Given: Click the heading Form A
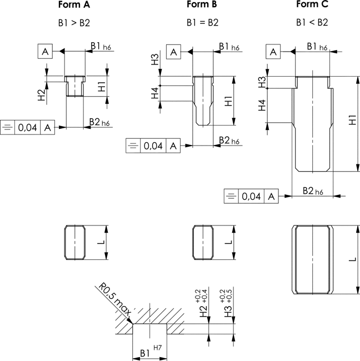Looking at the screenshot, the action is (74, 4).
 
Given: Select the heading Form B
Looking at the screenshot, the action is (202, 4).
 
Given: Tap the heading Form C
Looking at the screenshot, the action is (312, 4).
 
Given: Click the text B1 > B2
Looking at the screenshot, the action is (74, 23).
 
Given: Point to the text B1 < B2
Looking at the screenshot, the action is (312, 23).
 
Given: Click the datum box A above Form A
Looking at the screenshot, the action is (45, 51).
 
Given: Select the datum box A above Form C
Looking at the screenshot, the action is (273, 52).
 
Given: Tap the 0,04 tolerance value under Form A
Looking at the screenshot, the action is (27, 127).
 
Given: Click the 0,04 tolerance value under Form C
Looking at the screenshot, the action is (251, 197).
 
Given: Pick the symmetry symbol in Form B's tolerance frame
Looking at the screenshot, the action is (133, 146).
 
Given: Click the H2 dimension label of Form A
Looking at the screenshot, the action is (42, 95).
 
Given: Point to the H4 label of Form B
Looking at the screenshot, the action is (155, 93).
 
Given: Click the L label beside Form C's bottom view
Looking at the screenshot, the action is (353, 259).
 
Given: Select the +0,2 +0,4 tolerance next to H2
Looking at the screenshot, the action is (201, 297).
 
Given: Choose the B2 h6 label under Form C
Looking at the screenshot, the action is (313, 191).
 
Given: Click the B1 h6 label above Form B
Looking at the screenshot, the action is (229, 47).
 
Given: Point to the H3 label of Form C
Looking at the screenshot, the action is (262, 82).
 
